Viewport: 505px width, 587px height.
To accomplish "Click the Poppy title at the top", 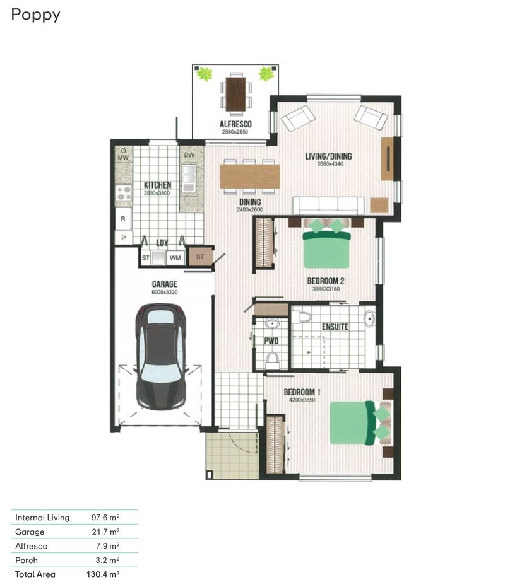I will (35, 15).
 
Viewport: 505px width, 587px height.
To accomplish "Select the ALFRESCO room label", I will (235, 125).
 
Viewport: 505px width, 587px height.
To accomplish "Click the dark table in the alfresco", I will (235, 93).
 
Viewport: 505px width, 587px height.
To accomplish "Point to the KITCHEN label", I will (157, 185).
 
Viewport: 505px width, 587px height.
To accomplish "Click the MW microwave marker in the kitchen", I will (123, 158).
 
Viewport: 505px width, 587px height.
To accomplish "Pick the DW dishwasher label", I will (189, 155).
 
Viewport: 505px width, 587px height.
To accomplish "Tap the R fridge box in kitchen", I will (123, 219).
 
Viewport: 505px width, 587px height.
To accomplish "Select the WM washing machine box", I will (175, 257).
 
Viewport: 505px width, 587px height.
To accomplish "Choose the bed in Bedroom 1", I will (353, 422).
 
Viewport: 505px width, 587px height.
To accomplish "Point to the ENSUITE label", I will (335, 327).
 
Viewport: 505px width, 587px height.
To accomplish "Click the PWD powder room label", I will (271, 341).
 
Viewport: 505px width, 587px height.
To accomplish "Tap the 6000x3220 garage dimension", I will (164, 292).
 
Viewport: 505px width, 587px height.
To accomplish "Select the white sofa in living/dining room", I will (328, 206).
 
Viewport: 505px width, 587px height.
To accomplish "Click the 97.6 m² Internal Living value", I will (105, 518).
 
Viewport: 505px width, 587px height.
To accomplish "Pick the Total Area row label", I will (35, 574).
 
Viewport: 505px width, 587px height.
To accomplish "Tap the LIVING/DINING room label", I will (328, 156).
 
